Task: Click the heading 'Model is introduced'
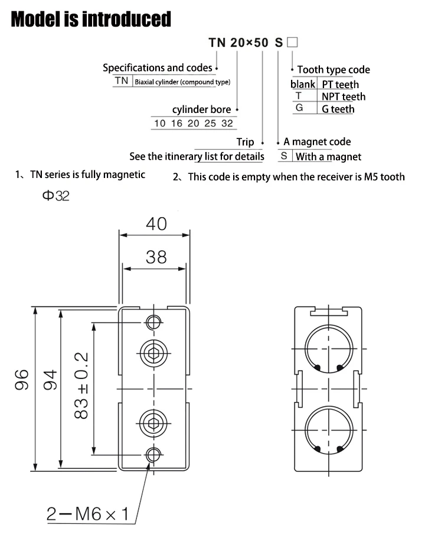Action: (x=91, y=19)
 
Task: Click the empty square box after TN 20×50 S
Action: (x=292, y=42)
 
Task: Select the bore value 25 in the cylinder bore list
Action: (x=210, y=123)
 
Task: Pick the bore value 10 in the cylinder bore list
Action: (x=160, y=123)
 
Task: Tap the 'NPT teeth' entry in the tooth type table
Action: (x=344, y=97)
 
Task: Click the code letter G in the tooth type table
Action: (x=299, y=108)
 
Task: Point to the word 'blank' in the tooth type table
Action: (x=303, y=84)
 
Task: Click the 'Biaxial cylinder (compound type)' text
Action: (x=182, y=82)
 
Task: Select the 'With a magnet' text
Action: (x=328, y=157)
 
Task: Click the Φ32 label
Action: (x=55, y=196)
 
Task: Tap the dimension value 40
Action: (x=156, y=224)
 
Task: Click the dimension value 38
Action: (x=156, y=257)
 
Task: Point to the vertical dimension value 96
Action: (x=22, y=380)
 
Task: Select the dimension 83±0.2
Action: (x=81, y=386)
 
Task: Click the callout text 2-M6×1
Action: (x=88, y=514)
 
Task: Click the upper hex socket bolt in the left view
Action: (x=153, y=354)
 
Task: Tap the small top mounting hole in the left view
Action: (x=153, y=322)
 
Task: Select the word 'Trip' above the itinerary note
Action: (x=245, y=142)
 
